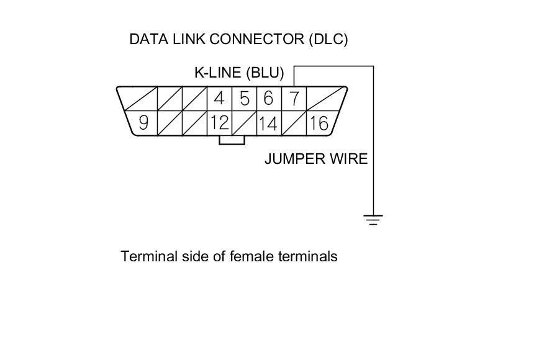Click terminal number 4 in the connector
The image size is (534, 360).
219,98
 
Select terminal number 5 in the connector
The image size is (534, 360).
244,98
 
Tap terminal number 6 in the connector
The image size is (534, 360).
268,98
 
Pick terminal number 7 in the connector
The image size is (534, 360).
294,98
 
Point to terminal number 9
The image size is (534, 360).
143,123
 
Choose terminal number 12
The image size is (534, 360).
219,123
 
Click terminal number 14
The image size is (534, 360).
268,123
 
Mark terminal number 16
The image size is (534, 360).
318,123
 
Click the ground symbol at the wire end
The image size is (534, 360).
373,219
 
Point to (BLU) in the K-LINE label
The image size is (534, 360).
265,73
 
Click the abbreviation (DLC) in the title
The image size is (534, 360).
328,39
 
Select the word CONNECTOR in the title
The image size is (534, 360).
257,39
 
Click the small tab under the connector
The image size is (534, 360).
231,140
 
